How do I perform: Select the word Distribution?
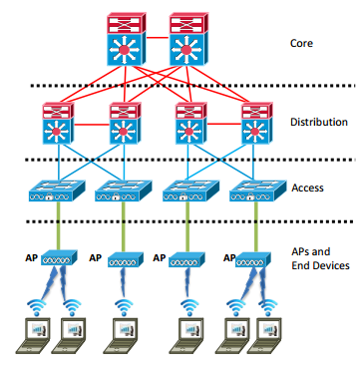click(x=318, y=122)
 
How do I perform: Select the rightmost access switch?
click(x=249, y=190)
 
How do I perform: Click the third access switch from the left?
click(x=183, y=190)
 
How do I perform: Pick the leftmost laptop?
click(x=35, y=333)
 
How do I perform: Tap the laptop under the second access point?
click(x=124, y=333)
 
